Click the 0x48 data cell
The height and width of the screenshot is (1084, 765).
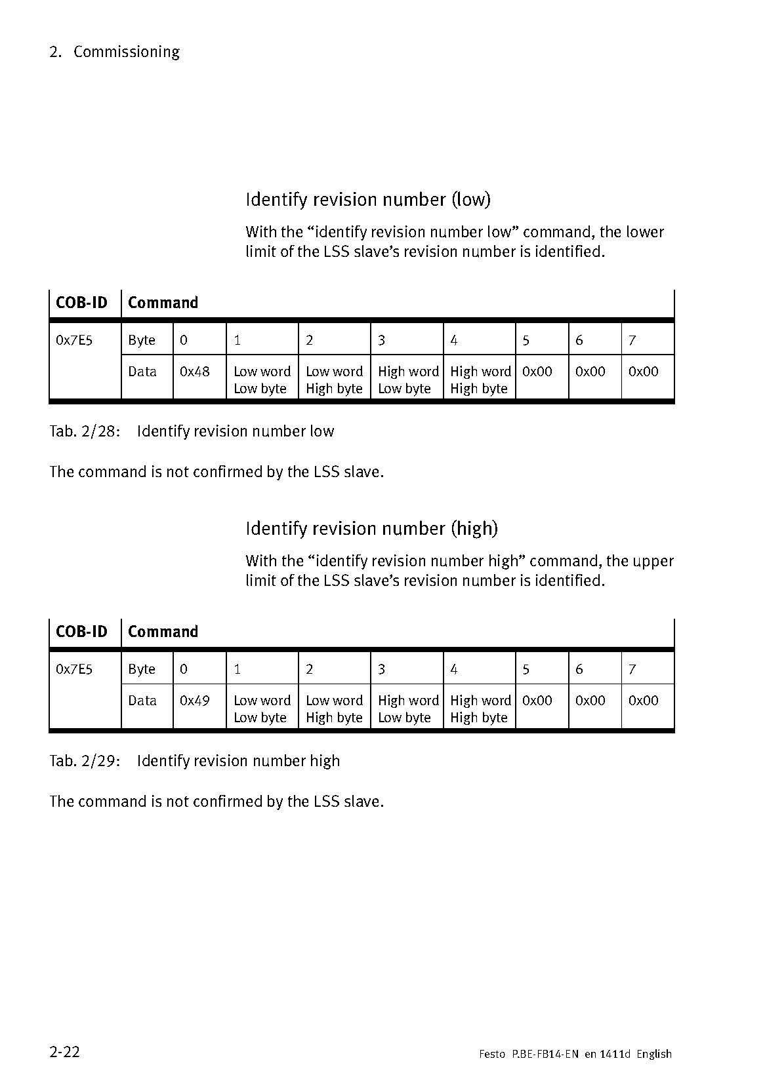(x=195, y=372)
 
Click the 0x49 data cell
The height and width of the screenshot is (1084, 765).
(x=195, y=701)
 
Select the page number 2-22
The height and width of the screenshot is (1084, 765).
(x=64, y=1051)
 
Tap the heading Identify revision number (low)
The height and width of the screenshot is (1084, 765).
(x=368, y=199)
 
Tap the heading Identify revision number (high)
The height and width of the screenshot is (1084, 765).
(x=371, y=528)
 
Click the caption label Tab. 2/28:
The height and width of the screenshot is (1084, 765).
(x=85, y=431)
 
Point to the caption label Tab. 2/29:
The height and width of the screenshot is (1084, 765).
(x=85, y=761)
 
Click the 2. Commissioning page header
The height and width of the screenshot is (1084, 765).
(x=114, y=52)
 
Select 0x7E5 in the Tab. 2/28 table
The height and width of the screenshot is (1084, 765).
(x=74, y=340)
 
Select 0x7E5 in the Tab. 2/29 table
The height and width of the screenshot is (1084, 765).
(x=74, y=669)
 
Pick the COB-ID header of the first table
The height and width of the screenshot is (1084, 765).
(x=81, y=303)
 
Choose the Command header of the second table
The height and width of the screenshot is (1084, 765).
(x=163, y=632)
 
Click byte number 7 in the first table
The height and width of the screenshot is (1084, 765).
(x=632, y=340)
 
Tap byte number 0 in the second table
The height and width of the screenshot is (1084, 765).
(x=184, y=669)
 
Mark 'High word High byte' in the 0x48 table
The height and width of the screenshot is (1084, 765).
(x=480, y=380)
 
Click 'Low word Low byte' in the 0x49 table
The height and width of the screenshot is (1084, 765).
(x=262, y=709)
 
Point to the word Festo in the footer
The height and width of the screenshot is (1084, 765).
(x=492, y=1054)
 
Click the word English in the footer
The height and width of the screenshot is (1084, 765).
(x=654, y=1054)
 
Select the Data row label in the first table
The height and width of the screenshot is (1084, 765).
(x=142, y=372)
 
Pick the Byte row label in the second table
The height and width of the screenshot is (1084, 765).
(x=142, y=669)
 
